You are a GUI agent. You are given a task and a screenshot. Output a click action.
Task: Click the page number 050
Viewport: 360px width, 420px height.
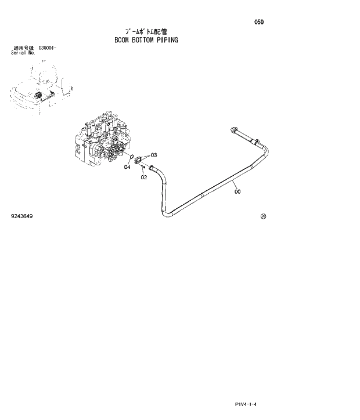258,22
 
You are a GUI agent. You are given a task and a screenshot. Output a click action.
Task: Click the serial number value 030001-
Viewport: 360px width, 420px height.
47,48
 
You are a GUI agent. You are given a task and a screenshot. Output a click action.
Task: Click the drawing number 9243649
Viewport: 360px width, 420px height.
21,216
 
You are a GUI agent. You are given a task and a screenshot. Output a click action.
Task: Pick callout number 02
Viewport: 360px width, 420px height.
143,178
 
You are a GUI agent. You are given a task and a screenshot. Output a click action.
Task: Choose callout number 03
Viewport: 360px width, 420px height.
154,155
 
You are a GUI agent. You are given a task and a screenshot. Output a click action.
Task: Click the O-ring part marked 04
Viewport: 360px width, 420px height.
133,157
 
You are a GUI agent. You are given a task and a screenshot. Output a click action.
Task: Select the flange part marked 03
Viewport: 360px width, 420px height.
141,160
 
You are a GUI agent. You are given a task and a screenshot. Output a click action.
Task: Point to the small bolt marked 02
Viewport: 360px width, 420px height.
143,169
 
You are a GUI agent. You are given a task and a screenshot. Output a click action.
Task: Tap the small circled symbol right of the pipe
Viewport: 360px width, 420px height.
262,216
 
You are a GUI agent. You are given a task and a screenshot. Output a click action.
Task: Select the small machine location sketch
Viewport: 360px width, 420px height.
41,88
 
